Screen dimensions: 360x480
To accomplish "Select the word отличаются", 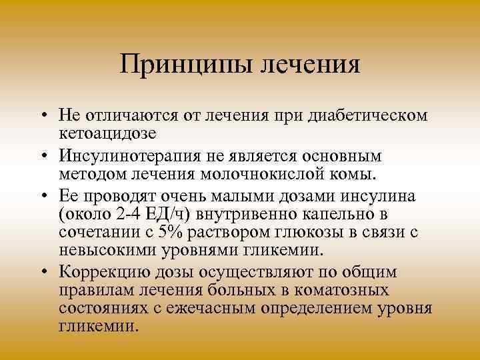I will (127, 116).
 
